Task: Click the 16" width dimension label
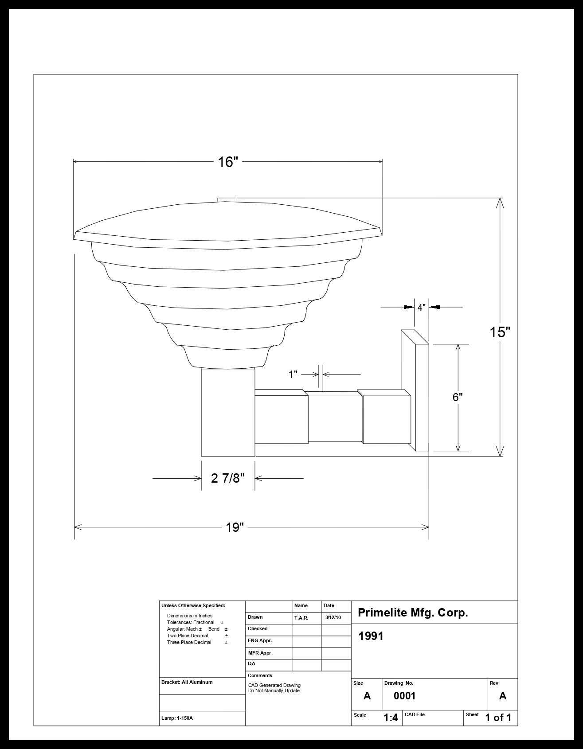click(228, 162)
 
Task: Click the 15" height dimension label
click(500, 332)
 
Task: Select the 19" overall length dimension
click(235, 527)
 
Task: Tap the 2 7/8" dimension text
click(228, 479)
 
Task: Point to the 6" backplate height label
click(458, 397)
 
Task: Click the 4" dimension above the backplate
click(421, 307)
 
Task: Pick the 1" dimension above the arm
click(293, 375)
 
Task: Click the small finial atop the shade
click(227, 200)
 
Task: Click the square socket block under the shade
click(228, 412)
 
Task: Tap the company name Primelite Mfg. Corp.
click(413, 613)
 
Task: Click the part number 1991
click(371, 636)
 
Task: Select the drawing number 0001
click(405, 696)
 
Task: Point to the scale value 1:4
click(391, 718)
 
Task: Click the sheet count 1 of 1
click(498, 718)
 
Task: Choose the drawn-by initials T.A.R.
click(301, 618)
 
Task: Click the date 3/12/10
click(333, 617)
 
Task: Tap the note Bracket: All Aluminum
click(187, 683)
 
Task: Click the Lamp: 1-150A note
click(177, 718)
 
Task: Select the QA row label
click(251, 664)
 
